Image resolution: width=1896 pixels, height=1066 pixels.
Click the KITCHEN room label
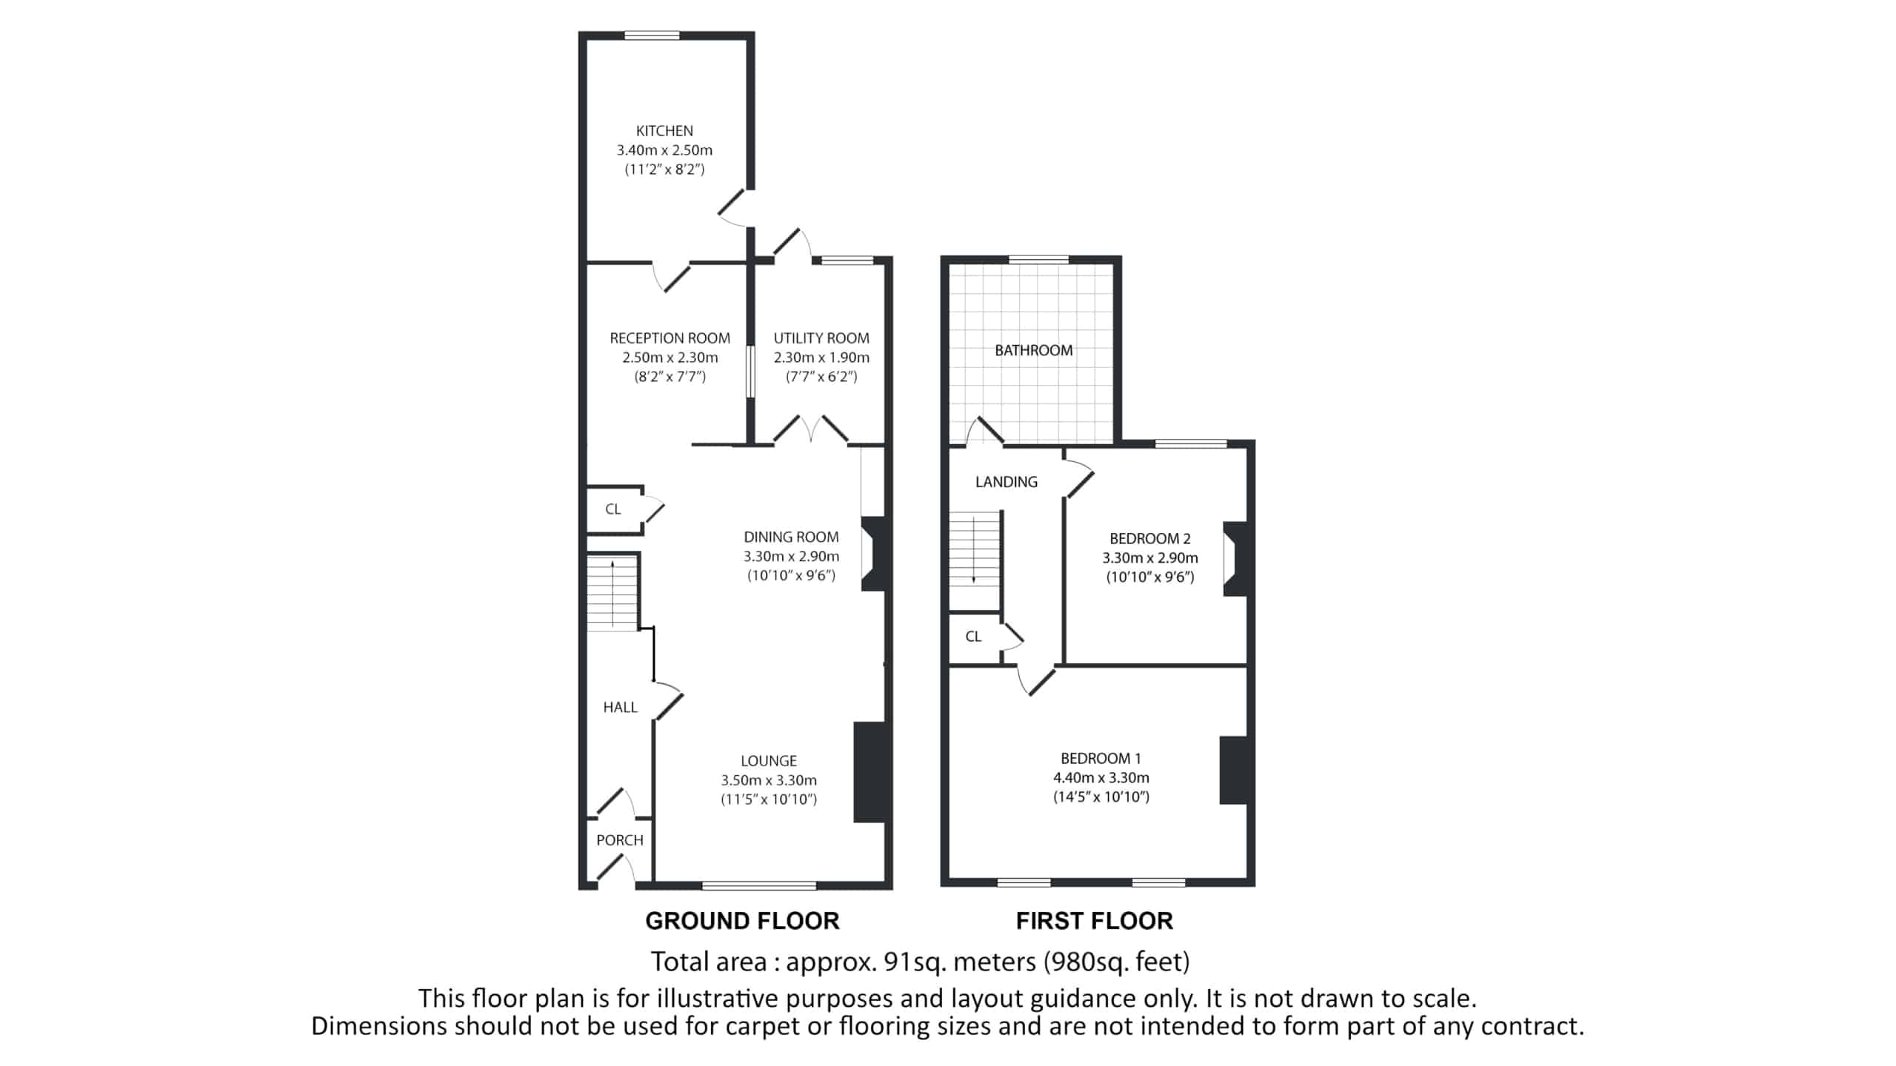tap(664, 131)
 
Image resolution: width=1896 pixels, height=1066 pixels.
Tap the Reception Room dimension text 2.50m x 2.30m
tap(670, 358)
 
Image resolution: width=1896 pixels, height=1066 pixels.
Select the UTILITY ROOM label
tap(821, 338)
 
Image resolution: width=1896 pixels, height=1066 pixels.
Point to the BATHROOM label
tap(1033, 350)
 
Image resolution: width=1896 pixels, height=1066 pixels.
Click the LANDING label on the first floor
tap(1006, 482)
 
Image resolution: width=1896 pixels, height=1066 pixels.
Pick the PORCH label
tap(620, 840)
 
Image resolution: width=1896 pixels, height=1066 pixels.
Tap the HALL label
tap(620, 708)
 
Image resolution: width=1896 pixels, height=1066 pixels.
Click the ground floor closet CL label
tap(613, 509)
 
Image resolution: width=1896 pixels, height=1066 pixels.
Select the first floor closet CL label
tap(973, 637)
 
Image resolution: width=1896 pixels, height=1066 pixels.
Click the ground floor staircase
tap(612, 593)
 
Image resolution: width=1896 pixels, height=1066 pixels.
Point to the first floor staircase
tap(975, 551)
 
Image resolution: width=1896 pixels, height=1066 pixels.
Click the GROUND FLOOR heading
tap(742, 921)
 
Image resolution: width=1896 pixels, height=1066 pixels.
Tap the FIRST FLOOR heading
tap(1094, 921)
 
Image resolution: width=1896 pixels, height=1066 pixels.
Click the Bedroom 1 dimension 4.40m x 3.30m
tap(1101, 778)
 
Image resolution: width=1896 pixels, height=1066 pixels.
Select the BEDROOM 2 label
tap(1149, 539)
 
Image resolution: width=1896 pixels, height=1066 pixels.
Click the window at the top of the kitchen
tap(652, 35)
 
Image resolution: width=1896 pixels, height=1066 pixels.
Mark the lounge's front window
tap(759, 885)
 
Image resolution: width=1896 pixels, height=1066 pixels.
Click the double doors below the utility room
tap(811, 430)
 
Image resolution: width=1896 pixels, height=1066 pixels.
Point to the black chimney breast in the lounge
tap(869, 772)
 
